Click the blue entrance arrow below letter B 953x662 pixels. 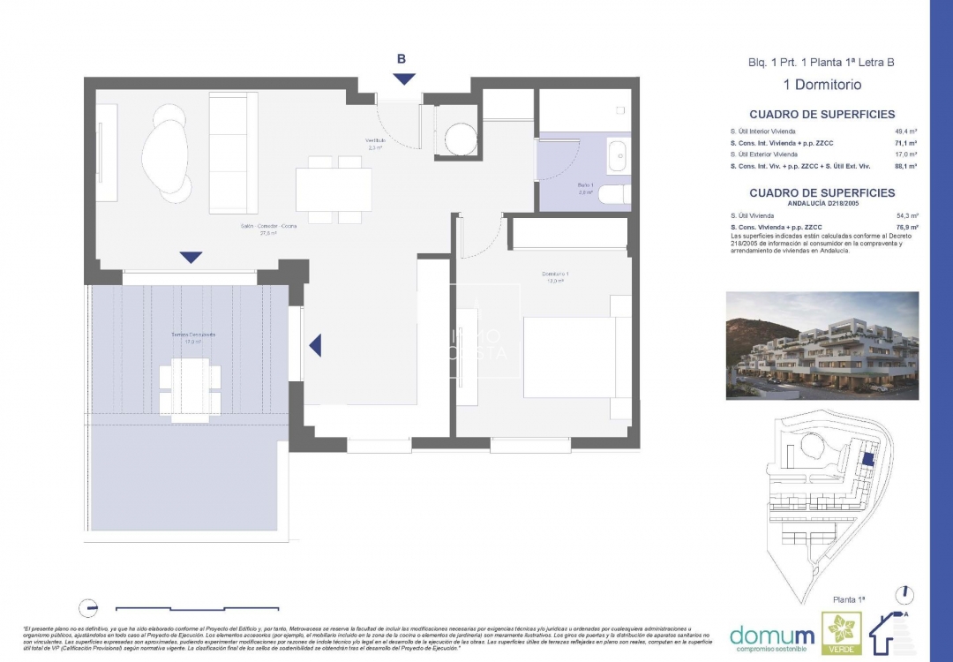(404, 79)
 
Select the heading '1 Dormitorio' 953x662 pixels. (822, 86)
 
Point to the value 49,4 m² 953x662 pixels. (906, 131)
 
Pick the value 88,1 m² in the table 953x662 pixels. (906, 165)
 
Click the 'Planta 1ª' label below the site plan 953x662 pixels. (848, 599)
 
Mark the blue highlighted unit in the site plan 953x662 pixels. (868, 459)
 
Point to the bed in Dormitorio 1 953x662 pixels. (577, 357)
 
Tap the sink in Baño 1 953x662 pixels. (618, 155)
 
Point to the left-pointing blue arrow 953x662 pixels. (315, 345)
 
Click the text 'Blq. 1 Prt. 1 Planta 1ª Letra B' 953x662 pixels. (822, 63)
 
